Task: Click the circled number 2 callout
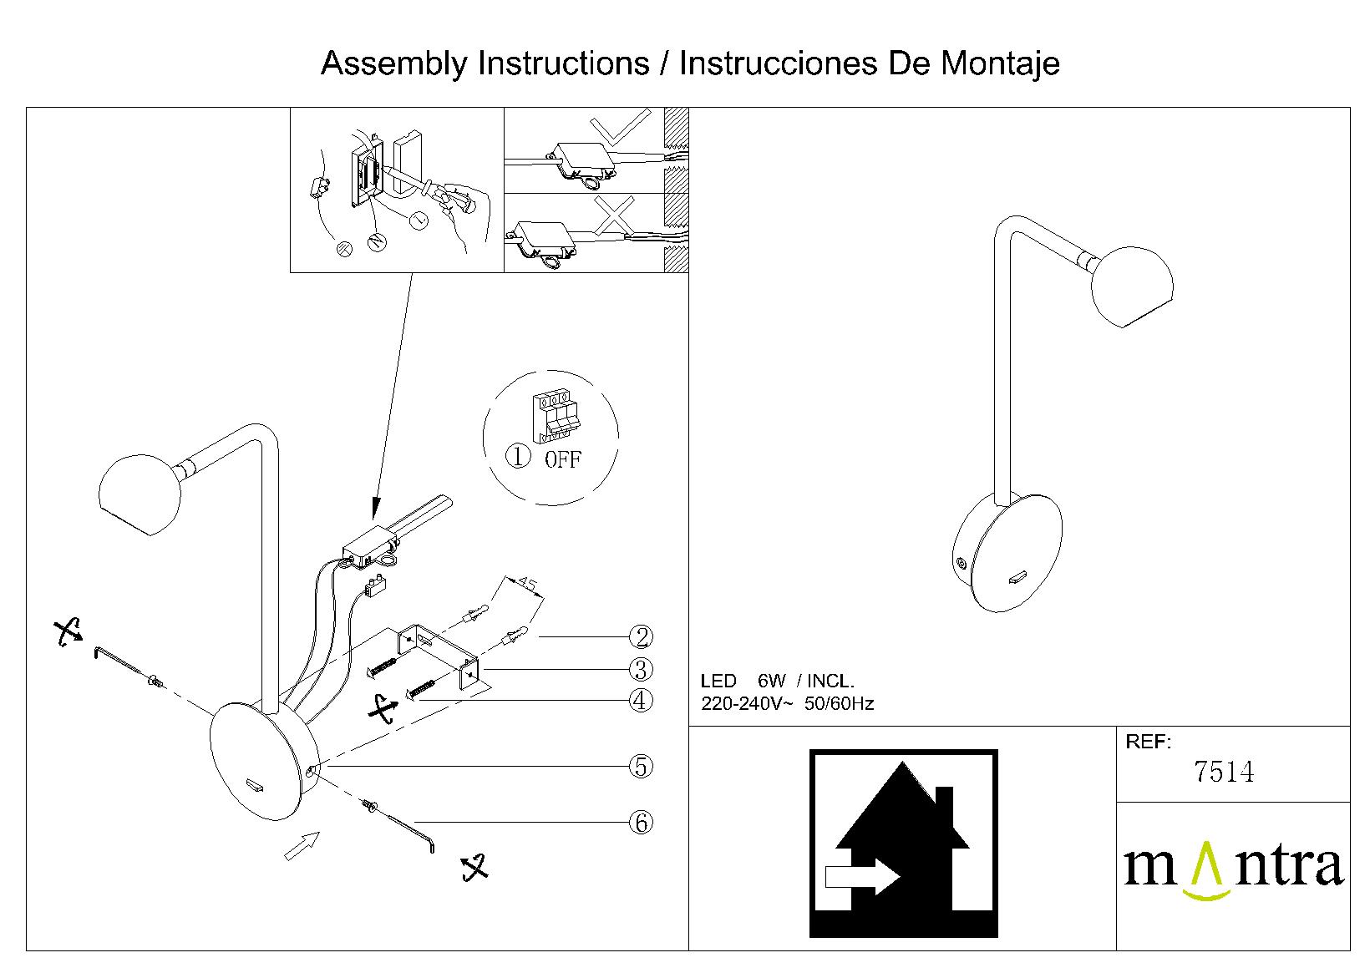point(641,637)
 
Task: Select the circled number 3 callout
point(641,669)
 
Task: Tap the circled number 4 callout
point(641,700)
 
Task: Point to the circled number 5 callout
point(641,766)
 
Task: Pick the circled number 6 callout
point(641,823)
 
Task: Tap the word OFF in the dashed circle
point(562,459)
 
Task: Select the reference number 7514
point(1224,772)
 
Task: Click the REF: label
point(1149,742)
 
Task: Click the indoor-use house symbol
point(903,844)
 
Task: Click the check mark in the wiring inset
point(619,127)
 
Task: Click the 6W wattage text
point(769,682)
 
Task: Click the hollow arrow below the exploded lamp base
point(302,845)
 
